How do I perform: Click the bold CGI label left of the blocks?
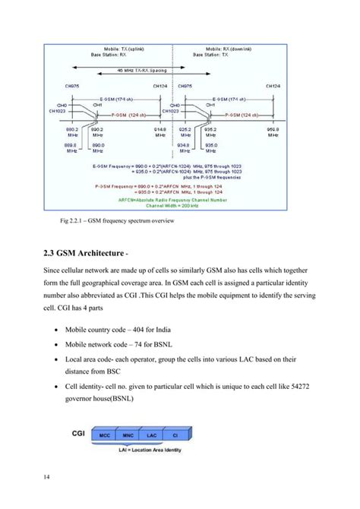pos(78,435)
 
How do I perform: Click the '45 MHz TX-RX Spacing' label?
pos(123,69)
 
